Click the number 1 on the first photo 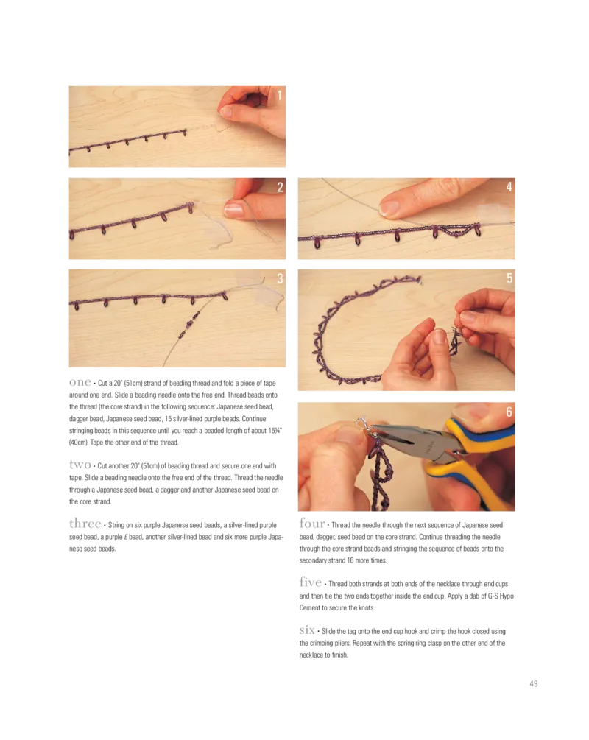(279, 95)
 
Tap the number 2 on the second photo (280, 187)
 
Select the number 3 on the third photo (280, 278)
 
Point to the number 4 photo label (509, 187)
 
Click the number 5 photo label (509, 278)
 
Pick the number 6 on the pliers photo (509, 412)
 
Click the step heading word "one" (80, 382)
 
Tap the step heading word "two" (80, 465)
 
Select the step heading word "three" (85, 523)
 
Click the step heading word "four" (312, 523)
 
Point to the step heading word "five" (311, 582)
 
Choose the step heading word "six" (307, 630)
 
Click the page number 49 (533, 683)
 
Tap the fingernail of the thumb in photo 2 (233, 209)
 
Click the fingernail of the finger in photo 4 (389, 208)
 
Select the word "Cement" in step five (311, 608)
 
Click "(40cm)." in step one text (79, 443)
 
